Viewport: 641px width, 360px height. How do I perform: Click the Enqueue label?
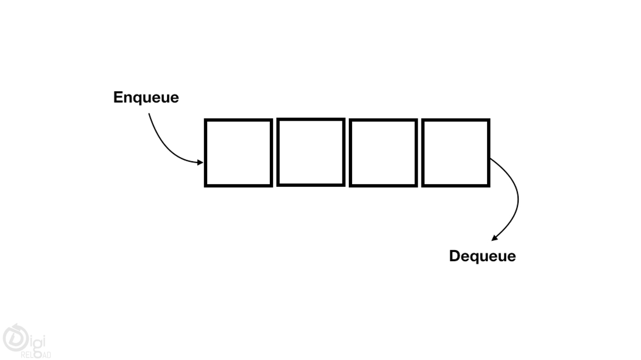click(x=146, y=98)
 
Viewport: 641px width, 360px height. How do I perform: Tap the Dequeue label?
click(x=482, y=256)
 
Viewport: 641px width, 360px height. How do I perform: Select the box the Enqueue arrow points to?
click(x=238, y=153)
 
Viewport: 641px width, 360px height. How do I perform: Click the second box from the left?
click(x=310, y=152)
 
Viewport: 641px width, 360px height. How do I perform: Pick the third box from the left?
click(x=383, y=153)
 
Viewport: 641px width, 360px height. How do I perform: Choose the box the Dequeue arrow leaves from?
click(x=455, y=153)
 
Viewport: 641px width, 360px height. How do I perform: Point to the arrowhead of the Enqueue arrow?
click(x=200, y=162)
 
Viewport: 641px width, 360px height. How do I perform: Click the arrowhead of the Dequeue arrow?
click(x=495, y=238)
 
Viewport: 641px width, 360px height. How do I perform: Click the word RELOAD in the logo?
click(x=36, y=355)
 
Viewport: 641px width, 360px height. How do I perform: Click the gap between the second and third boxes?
click(x=347, y=153)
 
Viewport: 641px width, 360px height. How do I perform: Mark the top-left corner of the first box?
click(x=206, y=120)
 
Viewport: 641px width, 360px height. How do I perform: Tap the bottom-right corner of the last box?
click(x=488, y=185)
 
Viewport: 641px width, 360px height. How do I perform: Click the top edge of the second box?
click(x=310, y=120)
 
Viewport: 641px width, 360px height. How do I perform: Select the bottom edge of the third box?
click(x=383, y=185)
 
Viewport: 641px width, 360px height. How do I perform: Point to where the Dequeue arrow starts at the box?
click(x=491, y=159)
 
